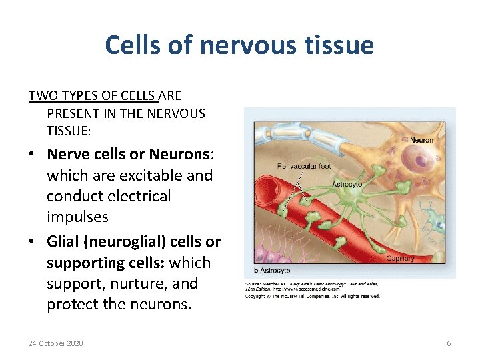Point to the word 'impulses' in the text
77,217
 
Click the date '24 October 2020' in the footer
56,343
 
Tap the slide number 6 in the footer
449,343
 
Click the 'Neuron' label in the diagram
421,141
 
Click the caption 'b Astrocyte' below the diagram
271,271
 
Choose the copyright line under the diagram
313,295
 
